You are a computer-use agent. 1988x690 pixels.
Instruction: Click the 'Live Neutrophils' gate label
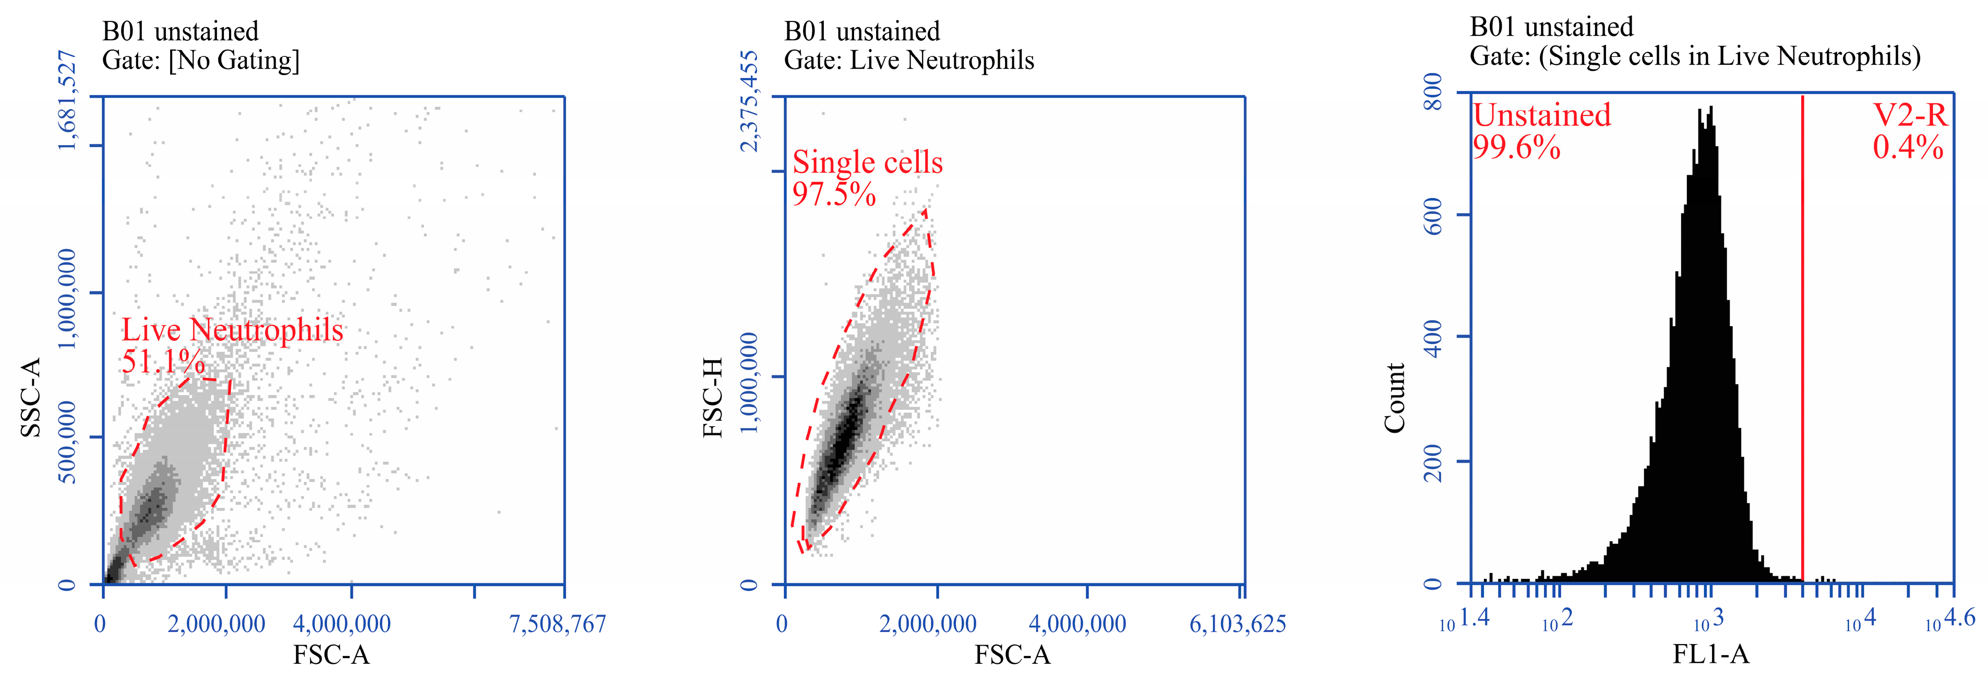tap(232, 330)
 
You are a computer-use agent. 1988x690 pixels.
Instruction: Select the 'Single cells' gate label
tap(867, 162)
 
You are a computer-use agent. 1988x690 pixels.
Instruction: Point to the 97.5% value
tap(833, 194)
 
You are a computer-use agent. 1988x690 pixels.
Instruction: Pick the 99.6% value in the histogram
tap(1516, 147)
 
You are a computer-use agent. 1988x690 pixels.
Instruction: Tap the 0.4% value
tap(1907, 147)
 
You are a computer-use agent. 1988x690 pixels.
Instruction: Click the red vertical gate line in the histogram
tap(1802, 347)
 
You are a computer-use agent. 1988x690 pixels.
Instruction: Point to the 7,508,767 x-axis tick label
tap(557, 624)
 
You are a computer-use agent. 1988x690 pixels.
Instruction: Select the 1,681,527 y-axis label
tap(68, 100)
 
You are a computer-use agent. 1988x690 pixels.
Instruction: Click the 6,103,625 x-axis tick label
tap(1237, 624)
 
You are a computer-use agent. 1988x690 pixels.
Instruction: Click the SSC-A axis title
tap(31, 398)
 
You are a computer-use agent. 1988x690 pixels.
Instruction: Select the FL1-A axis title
tap(1710, 655)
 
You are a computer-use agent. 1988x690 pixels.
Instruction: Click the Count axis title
tap(1395, 398)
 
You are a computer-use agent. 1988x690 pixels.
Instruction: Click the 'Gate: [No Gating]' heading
tap(201, 60)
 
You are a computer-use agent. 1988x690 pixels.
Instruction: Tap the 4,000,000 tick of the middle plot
tap(1077, 624)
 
